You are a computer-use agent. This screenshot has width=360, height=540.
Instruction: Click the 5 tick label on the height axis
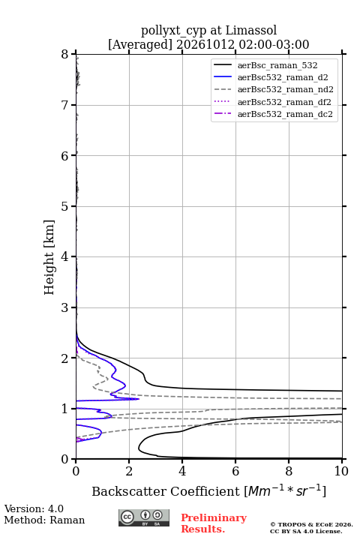click(x=64, y=206)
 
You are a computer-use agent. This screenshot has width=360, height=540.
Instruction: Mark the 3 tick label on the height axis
click(x=64, y=307)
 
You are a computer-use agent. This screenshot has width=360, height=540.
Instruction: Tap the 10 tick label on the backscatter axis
click(x=341, y=471)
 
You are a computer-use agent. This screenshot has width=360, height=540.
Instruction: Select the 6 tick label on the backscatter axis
click(x=235, y=471)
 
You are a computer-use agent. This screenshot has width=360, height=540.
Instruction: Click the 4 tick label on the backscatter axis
click(x=182, y=471)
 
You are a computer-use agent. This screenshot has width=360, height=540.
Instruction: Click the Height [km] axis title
click(x=49, y=257)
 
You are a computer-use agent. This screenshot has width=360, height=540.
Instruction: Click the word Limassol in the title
click(x=251, y=30)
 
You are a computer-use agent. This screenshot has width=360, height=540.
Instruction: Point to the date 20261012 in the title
click(x=205, y=44)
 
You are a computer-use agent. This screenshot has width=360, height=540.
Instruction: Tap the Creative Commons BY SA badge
click(x=144, y=517)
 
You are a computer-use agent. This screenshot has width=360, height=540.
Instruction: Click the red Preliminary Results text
click(x=214, y=523)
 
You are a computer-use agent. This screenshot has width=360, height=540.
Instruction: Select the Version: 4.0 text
click(x=34, y=508)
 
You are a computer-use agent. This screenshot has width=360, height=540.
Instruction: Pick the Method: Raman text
click(x=44, y=520)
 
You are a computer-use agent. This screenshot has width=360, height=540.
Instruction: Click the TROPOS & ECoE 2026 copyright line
click(x=311, y=524)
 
